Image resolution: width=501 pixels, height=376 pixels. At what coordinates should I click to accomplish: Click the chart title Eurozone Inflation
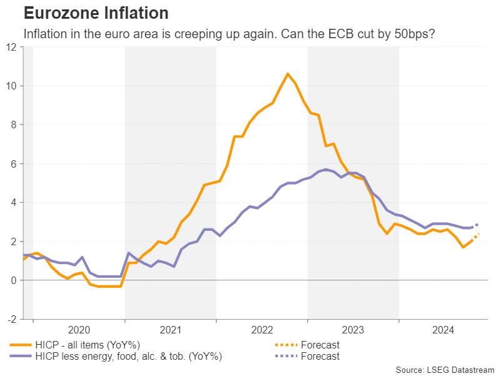[96, 13]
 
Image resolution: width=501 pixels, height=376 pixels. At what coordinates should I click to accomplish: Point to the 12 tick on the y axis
[11, 47]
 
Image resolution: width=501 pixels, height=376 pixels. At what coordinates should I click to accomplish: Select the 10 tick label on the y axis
[11, 86]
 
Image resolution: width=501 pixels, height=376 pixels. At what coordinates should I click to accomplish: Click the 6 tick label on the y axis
[14, 164]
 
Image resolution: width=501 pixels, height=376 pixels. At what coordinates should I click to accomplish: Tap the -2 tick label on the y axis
[12, 320]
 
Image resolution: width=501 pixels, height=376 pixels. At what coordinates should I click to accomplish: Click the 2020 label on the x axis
[79, 330]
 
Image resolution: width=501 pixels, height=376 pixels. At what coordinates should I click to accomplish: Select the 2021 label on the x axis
[170, 330]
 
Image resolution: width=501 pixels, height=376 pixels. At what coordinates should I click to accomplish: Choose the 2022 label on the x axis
[261, 330]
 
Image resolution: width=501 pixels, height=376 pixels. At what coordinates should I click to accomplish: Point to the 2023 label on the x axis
[353, 330]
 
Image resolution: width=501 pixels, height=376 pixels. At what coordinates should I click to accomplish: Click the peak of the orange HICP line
[288, 74]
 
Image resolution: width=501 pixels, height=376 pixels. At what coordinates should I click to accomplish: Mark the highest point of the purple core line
[326, 170]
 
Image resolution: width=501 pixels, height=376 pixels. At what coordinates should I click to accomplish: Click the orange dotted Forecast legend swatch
[285, 345]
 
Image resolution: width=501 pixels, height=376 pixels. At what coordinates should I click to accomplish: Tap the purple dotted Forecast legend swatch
[285, 356]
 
